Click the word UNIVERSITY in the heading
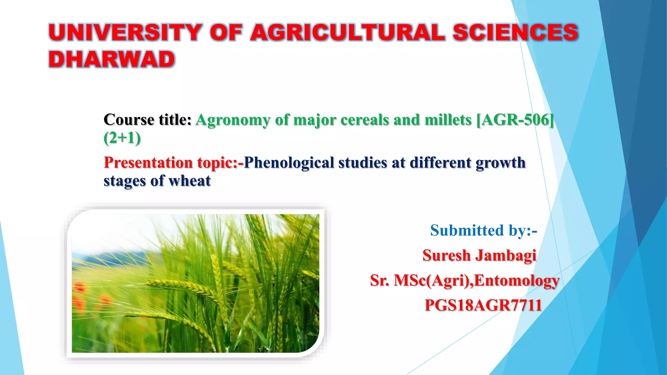(125, 33)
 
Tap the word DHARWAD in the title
(112, 59)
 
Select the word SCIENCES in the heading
(515, 33)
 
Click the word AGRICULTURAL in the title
(347, 33)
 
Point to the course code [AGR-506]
(515, 120)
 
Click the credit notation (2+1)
(122, 138)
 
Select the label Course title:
(147, 120)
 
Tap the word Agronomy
(233, 120)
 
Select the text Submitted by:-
(483, 230)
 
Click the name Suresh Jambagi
(479, 255)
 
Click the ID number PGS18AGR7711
(483, 305)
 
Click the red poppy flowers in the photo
(80, 293)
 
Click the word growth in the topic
(501, 162)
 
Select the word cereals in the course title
(365, 120)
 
